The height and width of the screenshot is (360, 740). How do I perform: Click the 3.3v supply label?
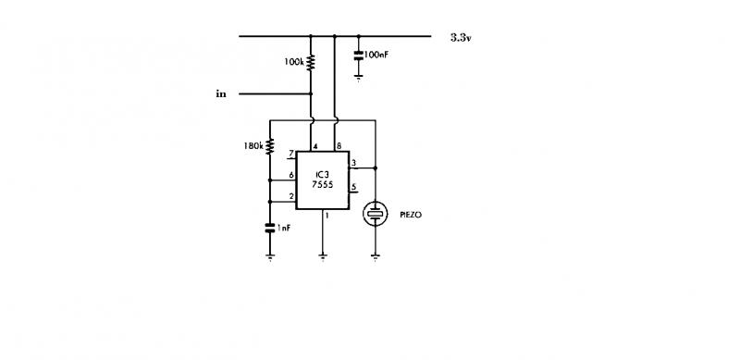click(x=461, y=38)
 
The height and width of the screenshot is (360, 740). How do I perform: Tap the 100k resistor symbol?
click(x=311, y=63)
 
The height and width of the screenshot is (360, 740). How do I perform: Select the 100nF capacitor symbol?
click(x=359, y=55)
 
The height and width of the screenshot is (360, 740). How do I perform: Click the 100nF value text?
click(x=376, y=55)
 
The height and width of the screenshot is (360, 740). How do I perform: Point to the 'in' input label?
click(x=221, y=93)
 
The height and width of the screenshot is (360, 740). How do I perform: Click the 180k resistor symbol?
click(x=270, y=146)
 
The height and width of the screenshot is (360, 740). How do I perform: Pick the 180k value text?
click(x=253, y=146)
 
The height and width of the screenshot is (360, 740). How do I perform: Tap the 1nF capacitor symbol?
click(x=270, y=228)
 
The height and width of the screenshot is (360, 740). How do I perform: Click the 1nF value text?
click(x=284, y=228)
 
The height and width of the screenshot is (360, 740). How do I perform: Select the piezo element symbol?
click(x=376, y=214)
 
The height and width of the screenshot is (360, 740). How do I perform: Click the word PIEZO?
click(x=411, y=215)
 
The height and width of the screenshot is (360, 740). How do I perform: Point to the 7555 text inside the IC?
click(x=322, y=184)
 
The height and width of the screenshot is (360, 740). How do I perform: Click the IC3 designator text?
click(x=322, y=175)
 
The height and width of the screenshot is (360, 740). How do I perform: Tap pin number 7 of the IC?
click(x=291, y=153)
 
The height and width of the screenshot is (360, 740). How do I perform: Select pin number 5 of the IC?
click(x=354, y=186)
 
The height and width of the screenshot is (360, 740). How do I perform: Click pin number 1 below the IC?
click(x=327, y=216)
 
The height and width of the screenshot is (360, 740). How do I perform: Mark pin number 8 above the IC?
click(x=339, y=145)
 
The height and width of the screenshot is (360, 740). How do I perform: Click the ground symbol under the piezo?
click(x=376, y=257)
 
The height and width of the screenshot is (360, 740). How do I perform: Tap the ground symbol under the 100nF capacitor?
click(x=359, y=77)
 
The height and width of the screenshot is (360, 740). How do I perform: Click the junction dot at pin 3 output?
click(x=376, y=168)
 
